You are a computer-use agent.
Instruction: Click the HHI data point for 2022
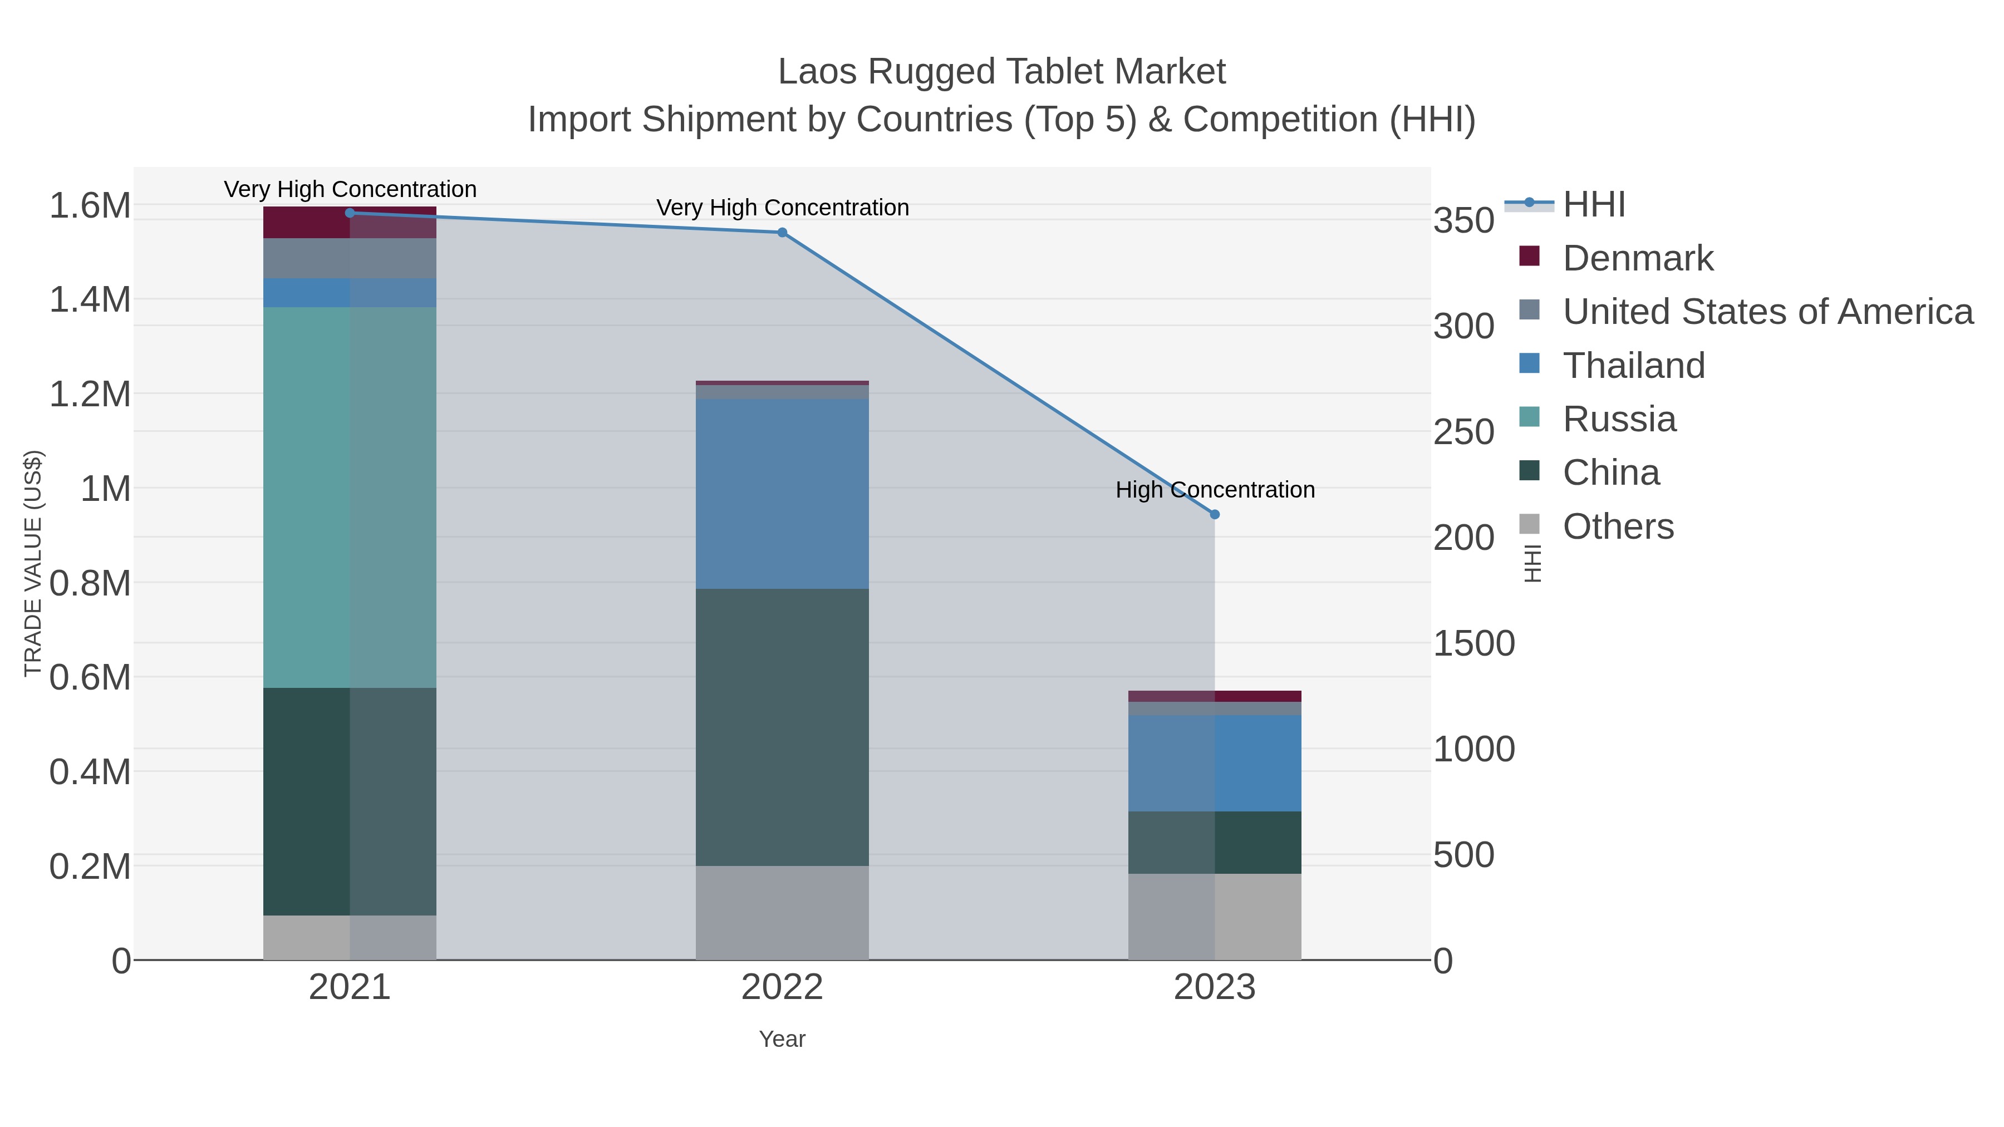tap(782, 233)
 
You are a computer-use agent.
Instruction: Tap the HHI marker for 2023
tap(1215, 514)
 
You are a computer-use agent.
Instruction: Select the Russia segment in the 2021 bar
tap(349, 497)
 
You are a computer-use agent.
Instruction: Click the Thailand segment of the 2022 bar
tap(782, 493)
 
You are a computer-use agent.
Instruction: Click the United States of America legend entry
tap(1767, 312)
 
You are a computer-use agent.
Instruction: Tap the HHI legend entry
tap(1593, 205)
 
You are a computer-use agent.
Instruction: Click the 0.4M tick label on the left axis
tap(90, 772)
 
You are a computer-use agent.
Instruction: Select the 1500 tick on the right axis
tap(1473, 644)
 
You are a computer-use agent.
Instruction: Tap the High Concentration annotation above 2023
tap(1215, 490)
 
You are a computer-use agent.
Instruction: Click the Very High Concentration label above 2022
tap(782, 208)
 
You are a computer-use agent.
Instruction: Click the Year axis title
tap(782, 1039)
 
